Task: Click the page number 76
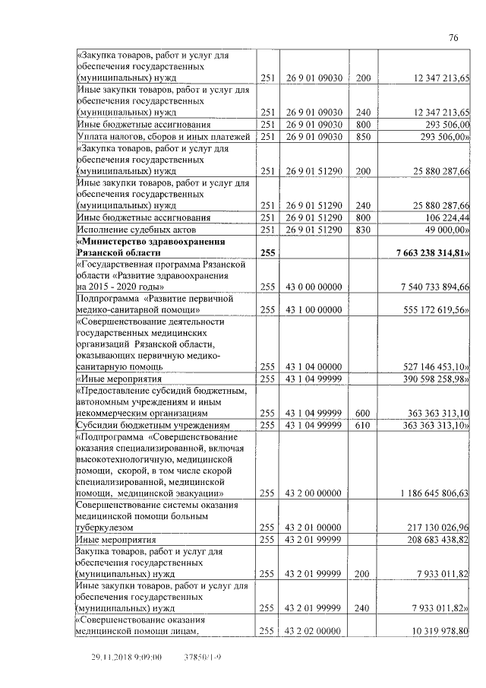point(453,38)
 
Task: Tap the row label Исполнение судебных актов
point(137,229)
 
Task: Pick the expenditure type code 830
point(363,229)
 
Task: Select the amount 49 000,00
point(443,229)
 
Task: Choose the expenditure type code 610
point(363,424)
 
